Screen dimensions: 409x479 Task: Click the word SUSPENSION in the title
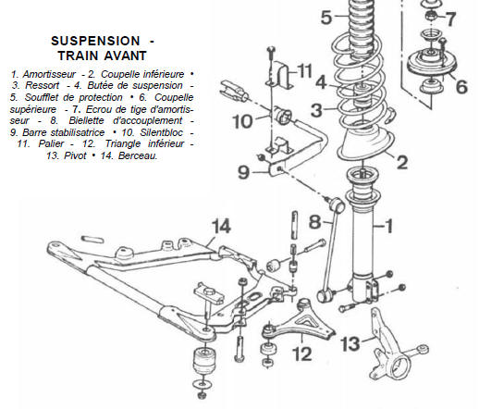point(85,43)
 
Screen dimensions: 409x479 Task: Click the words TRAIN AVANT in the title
point(93,56)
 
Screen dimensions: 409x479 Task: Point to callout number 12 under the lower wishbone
point(301,353)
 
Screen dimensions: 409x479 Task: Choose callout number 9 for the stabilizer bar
point(243,171)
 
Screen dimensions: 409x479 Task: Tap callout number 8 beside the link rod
point(313,222)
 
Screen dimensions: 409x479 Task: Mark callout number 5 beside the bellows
point(325,17)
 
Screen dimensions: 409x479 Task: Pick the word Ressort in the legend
point(37,84)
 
